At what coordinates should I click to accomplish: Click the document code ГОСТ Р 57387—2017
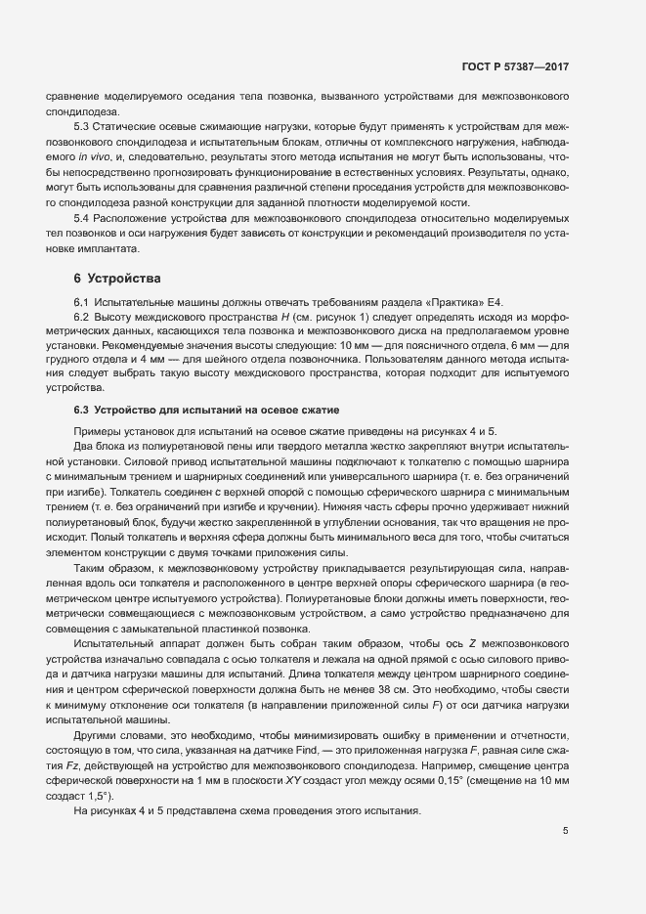(x=515, y=66)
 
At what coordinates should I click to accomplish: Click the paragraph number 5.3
(x=83, y=128)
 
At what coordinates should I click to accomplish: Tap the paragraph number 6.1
(x=83, y=302)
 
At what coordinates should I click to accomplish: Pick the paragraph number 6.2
(x=83, y=317)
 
